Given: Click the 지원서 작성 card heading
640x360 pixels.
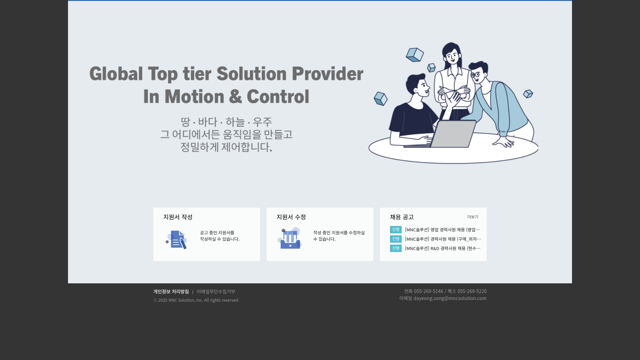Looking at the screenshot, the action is tap(178, 217).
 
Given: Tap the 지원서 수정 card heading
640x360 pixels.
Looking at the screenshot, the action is tap(291, 217).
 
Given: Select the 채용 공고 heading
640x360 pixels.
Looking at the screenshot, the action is tap(402, 217).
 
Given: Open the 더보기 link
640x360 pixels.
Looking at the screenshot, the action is tap(473, 217).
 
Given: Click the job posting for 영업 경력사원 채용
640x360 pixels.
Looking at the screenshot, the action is tap(443, 230).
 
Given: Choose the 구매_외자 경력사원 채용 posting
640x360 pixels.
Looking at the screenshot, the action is tap(443, 239).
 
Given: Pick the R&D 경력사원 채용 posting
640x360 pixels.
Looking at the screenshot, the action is tap(443, 248).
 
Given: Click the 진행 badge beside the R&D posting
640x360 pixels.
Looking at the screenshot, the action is tap(396, 248).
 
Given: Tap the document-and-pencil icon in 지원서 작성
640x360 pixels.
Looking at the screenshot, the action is tap(177, 240).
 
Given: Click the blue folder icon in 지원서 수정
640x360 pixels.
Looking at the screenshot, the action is tap(290, 238).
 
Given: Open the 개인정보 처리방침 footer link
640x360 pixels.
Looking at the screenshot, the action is tap(171, 292).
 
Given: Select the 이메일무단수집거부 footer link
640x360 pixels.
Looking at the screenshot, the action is tap(216, 292).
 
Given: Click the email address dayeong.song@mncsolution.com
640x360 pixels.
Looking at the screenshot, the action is tap(450, 298).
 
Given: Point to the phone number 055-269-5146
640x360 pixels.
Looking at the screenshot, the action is tap(428, 291).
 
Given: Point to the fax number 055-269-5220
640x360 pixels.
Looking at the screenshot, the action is tap(472, 291).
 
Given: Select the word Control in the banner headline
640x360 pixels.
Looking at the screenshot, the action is tap(278, 97).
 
